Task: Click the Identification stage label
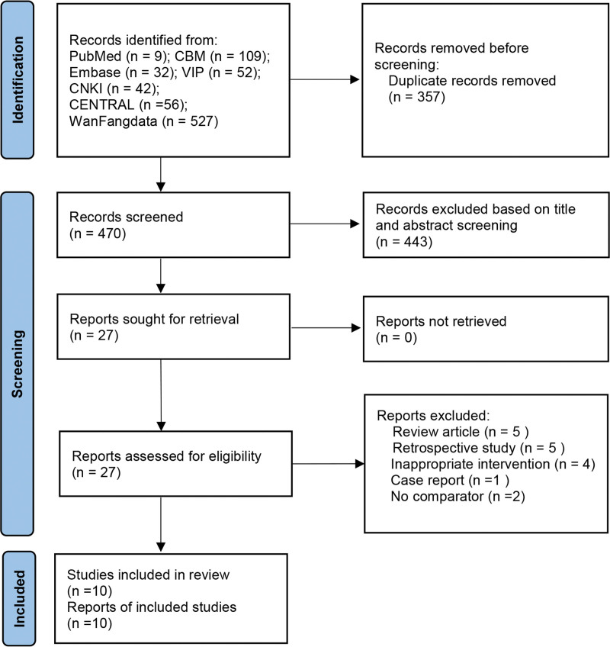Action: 18,80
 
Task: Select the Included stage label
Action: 19,599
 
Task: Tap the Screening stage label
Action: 17,363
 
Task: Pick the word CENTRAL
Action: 102,105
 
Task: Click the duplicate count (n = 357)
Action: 417,97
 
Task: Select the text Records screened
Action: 127,217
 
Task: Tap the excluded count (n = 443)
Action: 404,241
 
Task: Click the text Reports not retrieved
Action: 441,321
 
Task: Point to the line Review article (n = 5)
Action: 461,432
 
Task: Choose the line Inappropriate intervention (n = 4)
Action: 493,464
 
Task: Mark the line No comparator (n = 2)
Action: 457,496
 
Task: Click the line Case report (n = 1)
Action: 450,480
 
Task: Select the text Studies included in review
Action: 148,575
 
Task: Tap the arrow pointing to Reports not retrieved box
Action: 326,328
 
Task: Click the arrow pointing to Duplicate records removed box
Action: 325,79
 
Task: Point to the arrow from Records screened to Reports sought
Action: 161,275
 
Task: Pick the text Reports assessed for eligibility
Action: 167,456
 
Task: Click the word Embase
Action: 95,72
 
